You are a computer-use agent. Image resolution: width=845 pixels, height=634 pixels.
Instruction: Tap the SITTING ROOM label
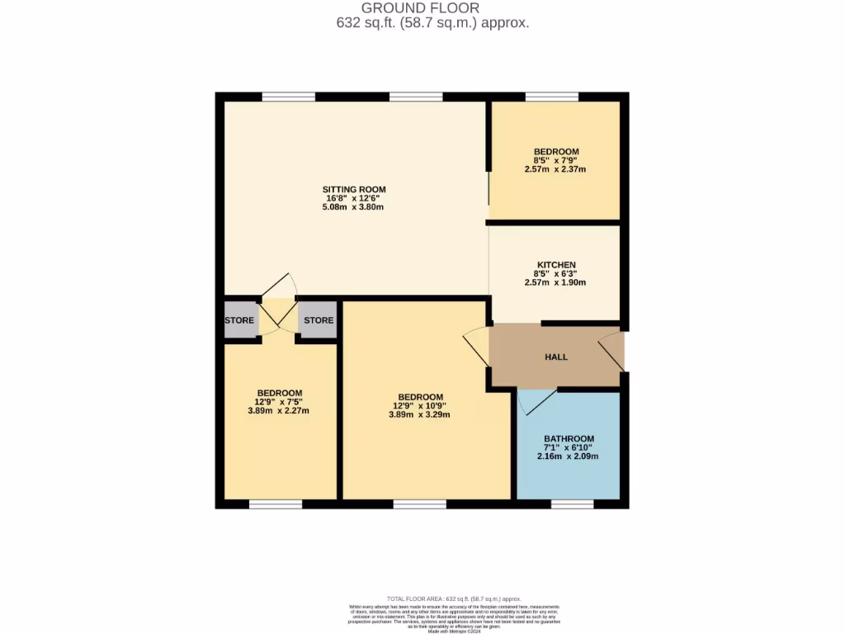[x=353, y=189]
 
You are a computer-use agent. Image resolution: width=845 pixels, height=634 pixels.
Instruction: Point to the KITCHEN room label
[x=555, y=265]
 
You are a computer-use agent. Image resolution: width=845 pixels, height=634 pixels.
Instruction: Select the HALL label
[x=556, y=357]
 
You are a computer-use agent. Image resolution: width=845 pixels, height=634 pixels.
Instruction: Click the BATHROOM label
[x=568, y=438]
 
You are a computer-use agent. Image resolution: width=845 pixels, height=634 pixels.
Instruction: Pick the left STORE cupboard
[x=239, y=320]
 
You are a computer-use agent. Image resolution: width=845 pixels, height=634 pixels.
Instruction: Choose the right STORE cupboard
[x=318, y=320]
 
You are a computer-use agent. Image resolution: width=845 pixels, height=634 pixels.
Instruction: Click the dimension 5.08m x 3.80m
[x=353, y=207]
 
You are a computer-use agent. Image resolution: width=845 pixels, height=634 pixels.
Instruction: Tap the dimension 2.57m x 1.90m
[x=555, y=282]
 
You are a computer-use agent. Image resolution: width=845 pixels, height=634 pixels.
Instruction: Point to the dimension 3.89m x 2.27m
[x=279, y=410]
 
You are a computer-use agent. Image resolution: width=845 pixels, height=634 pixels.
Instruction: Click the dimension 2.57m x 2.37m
[x=555, y=169]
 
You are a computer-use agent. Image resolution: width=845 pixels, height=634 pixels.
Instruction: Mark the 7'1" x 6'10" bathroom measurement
[x=568, y=447]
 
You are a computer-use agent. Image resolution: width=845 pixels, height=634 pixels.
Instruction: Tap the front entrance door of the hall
[x=611, y=352]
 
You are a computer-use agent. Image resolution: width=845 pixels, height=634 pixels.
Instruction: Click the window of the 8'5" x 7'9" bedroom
[x=551, y=97]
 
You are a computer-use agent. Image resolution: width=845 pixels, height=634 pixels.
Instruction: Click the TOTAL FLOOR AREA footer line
[x=454, y=599]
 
